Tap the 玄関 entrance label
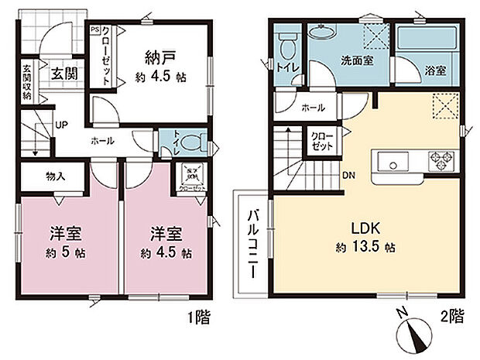tap(61, 74)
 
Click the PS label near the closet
tap(94, 30)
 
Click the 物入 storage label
tap(56, 177)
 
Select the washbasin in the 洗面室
tap(320, 32)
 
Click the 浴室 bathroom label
tap(435, 71)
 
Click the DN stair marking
tap(349, 174)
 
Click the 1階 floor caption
tap(196, 316)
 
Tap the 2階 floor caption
tap(455, 316)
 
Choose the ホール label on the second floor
tap(313, 108)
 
